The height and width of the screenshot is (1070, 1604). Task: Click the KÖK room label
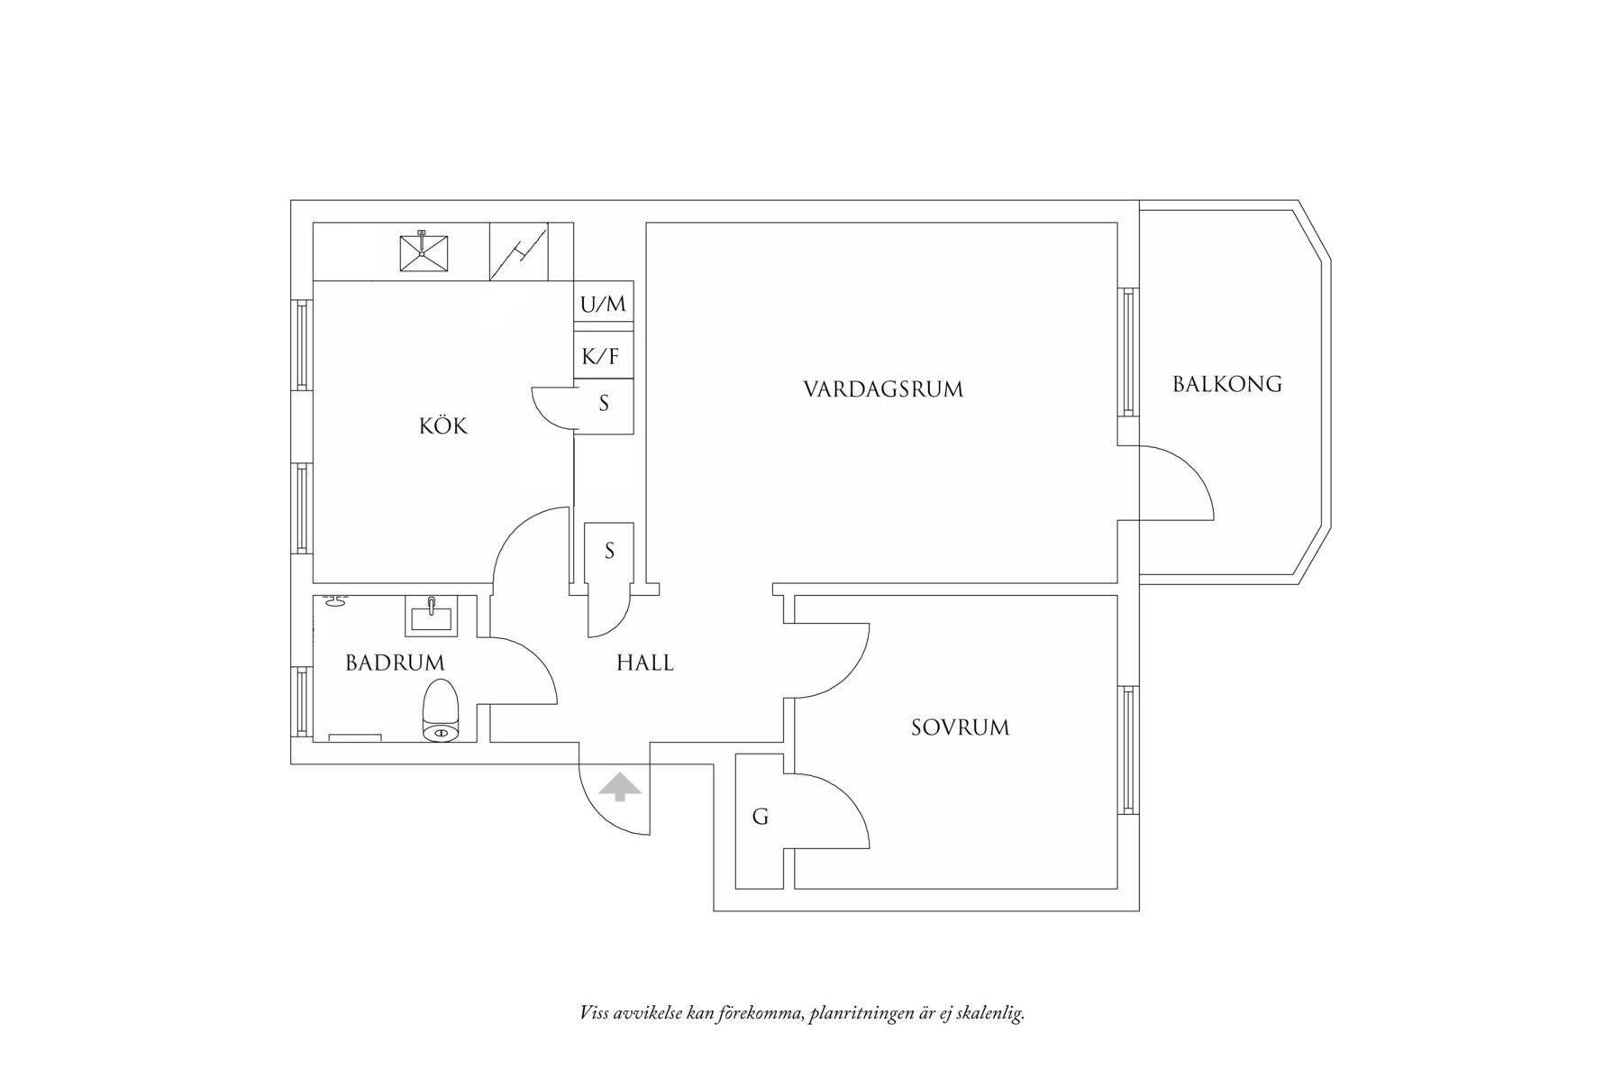[x=443, y=425]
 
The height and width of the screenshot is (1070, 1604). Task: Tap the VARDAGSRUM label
[x=882, y=389]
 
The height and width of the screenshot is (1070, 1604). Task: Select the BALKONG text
[x=1226, y=384]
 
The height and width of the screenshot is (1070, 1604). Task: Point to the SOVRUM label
[x=960, y=727]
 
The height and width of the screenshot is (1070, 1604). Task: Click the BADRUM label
[x=395, y=663]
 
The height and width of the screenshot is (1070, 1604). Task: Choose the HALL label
[x=644, y=663]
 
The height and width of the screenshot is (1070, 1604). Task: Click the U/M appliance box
[x=604, y=305]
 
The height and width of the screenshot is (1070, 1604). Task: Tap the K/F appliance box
[x=601, y=357]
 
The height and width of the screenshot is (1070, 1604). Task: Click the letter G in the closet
[x=761, y=818]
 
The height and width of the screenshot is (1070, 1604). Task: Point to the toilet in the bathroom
[x=441, y=712]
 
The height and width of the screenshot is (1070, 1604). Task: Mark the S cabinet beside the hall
[x=609, y=551]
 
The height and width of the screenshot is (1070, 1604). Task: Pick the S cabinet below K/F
[x=604, y=404]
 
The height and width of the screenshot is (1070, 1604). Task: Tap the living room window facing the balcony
[x=1127, y=352]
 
